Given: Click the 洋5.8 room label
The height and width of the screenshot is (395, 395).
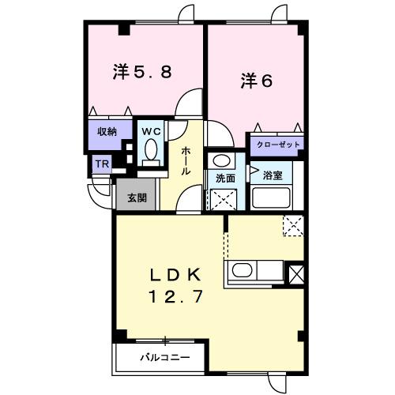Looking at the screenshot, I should point(143,72).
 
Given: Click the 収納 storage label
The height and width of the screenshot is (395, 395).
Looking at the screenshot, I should point(108,132).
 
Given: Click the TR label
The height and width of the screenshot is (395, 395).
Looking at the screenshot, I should point(102,164).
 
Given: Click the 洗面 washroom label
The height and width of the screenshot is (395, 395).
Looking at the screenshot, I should point(226,177).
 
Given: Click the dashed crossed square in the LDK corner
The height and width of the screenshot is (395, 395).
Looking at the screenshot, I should point(293,227).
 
